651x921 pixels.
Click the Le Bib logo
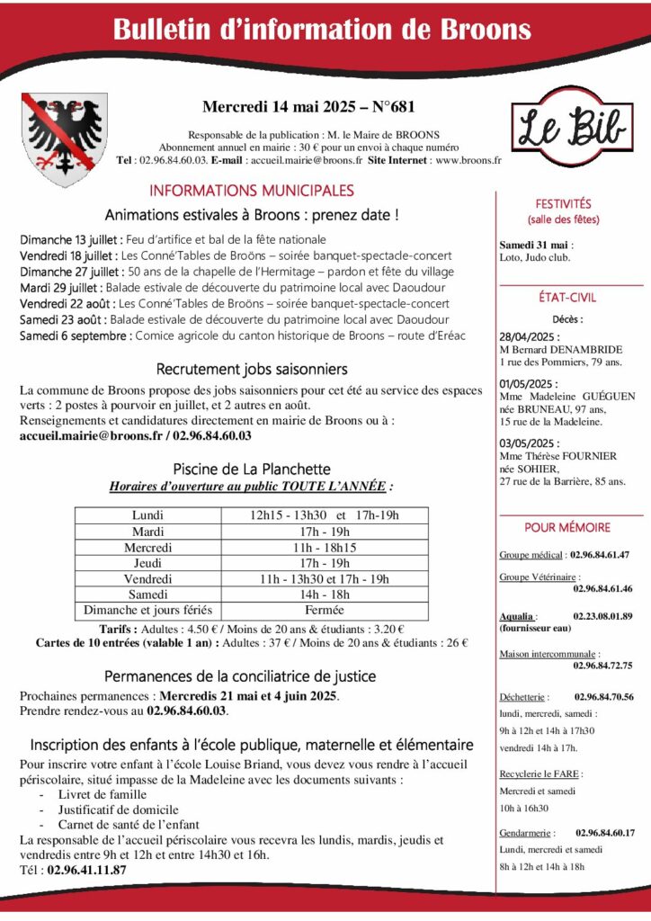(x=569, y=130)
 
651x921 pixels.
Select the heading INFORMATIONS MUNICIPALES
(x=252, y=191)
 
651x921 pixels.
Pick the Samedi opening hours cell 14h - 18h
(x=325, y=595)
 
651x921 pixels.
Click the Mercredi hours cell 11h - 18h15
(x=325, y=547)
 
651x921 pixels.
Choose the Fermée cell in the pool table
(x=325, y=611)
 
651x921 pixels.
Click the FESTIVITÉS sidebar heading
(x=564, y=204)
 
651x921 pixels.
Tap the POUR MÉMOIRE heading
(x=567, y=528)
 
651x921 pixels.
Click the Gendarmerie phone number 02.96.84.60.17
(x=605, y=833)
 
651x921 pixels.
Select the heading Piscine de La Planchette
(x=251, y=469)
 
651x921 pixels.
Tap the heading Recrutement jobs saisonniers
(x=252, y=370)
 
